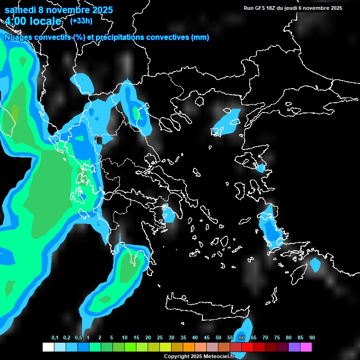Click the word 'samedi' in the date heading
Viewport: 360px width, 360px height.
tap(20, 10)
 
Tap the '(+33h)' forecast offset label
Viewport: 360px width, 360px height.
tap(81, 21)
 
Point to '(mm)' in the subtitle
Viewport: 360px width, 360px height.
tap(200, 37)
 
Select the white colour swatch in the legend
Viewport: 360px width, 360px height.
tap(48, 347)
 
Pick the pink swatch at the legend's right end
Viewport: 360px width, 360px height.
tap(306, 347)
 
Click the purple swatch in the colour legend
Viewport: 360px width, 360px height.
tap(294, 347)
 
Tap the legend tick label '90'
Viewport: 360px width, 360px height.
tap(312, 338)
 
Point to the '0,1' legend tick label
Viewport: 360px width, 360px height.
tap(55, 338)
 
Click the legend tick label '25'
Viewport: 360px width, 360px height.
tap(160, 338)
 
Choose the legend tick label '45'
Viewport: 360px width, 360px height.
tap(207, 338)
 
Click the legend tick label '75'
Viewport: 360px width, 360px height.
tap(277, 338)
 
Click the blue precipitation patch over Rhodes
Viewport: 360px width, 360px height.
tap(315, 265)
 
